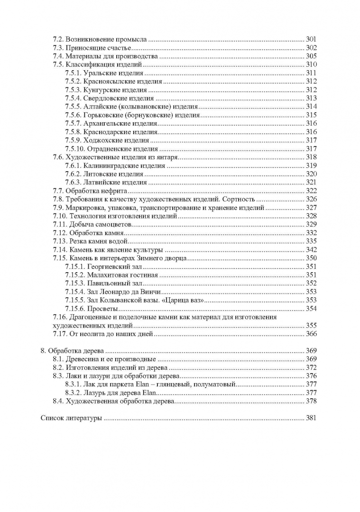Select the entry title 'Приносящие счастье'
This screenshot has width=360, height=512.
click(99, 47)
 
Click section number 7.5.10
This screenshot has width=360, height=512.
click(74, 149)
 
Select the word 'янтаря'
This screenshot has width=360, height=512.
click(167, 157)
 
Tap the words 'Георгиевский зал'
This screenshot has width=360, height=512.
click(109, 266)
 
